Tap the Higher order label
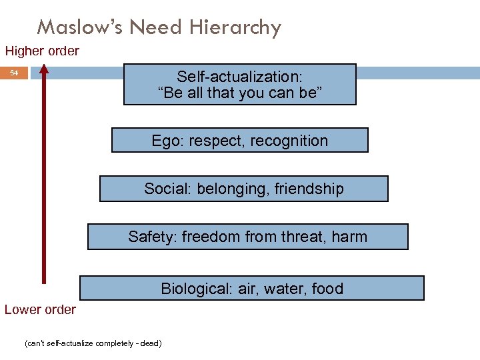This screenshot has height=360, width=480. click(42, 51)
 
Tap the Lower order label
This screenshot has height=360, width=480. click(40, 309)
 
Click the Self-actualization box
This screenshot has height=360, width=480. click(239, 85)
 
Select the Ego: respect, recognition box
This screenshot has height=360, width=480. click(239, 141)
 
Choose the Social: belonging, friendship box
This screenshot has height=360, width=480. click(243, 189)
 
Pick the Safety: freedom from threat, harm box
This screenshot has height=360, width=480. click(247, 237)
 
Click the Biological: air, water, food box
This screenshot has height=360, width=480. click(251, 289)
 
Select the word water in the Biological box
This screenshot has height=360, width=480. click(285, 289)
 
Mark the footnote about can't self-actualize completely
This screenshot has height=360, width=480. click(93, 343)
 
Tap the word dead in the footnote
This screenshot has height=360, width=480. click(150, 343)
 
